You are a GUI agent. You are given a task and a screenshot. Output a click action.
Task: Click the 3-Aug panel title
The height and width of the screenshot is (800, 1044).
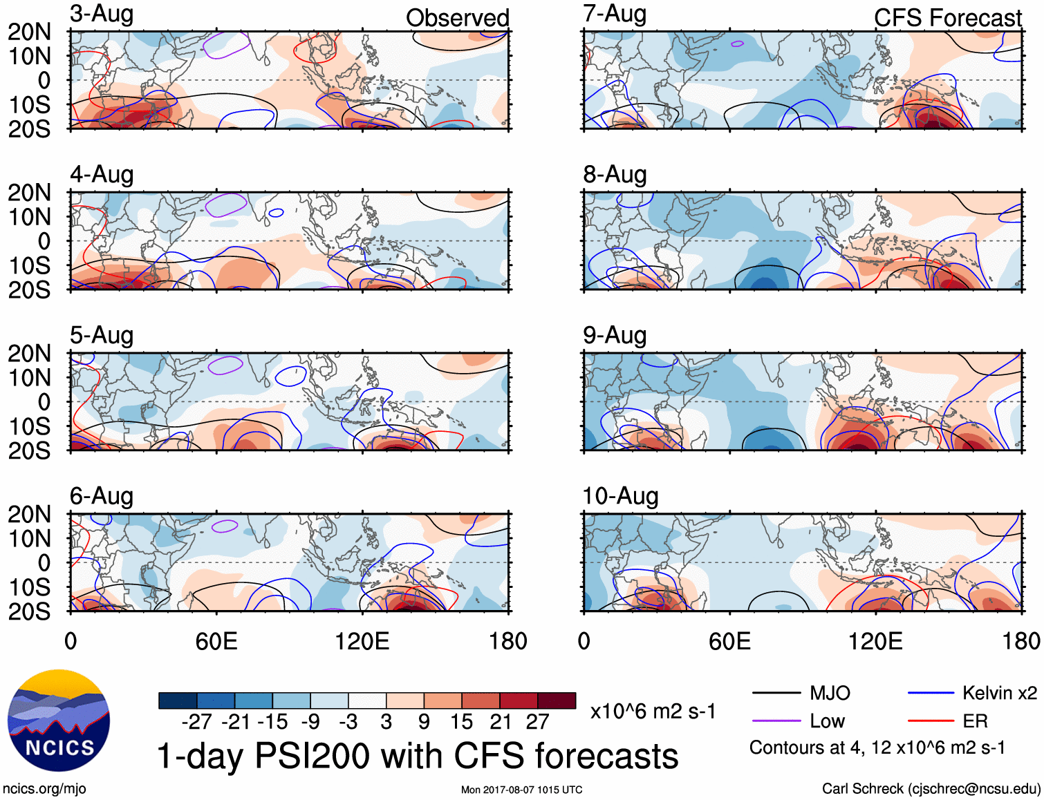point(102,15)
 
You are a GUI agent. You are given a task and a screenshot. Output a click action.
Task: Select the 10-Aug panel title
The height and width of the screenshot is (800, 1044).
point(620,496)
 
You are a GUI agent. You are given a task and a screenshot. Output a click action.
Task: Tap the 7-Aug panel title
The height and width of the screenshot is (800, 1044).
point(615,15)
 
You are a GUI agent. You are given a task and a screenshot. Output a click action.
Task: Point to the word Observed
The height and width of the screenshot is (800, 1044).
point(457,18)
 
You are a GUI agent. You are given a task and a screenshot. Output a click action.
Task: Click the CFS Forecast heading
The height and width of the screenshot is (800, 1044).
point(947,18)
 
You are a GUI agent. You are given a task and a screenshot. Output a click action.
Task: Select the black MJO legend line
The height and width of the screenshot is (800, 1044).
point(776,693)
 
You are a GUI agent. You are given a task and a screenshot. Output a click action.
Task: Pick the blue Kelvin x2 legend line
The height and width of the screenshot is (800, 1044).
point(931,693)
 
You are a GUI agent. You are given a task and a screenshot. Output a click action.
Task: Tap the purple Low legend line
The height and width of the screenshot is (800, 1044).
point(776,721)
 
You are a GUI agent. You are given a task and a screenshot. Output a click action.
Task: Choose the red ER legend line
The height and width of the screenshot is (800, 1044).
point(931,721)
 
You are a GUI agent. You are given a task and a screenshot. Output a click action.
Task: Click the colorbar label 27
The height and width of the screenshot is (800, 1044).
point(537,722)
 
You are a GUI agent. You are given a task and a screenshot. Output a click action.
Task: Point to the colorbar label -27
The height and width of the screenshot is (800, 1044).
point(196,722)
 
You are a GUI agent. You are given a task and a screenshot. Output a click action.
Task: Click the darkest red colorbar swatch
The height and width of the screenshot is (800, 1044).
point(557,701)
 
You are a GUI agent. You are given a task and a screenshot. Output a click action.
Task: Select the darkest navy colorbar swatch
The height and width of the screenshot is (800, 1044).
point(178,701)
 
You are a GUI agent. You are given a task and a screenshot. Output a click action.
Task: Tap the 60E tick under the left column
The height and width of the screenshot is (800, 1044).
point(216,641)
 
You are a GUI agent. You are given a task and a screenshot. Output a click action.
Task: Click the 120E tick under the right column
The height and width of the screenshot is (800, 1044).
point(875,641)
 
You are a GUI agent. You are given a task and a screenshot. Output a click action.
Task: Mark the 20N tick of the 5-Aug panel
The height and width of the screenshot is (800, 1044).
point(29,354)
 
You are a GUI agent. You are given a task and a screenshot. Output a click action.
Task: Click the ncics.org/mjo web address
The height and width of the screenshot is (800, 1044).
point(44,789)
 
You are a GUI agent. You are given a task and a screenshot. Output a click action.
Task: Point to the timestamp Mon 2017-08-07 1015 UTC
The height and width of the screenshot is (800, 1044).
point(521,790)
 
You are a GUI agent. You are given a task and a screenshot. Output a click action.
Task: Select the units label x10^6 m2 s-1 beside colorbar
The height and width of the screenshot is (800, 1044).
point(653,712)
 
